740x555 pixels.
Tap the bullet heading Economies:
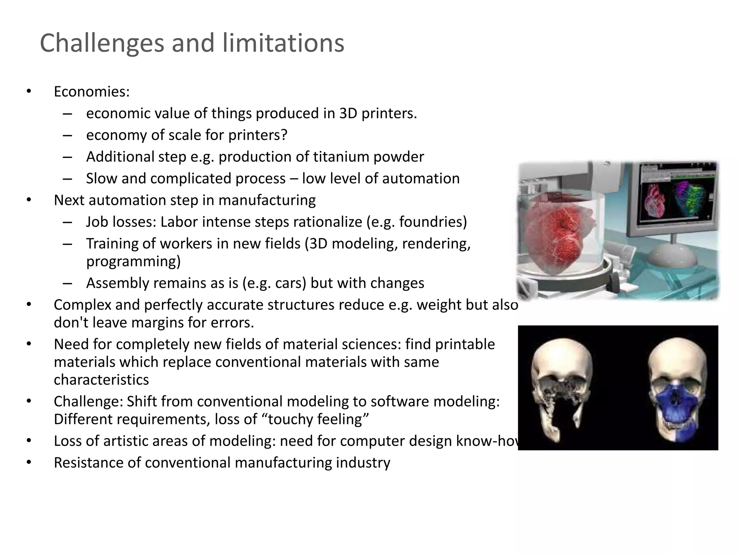tap(91, 92)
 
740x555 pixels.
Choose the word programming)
tap(133, 261)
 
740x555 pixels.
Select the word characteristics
tap(101, 380)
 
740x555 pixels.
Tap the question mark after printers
tap(284, 135)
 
